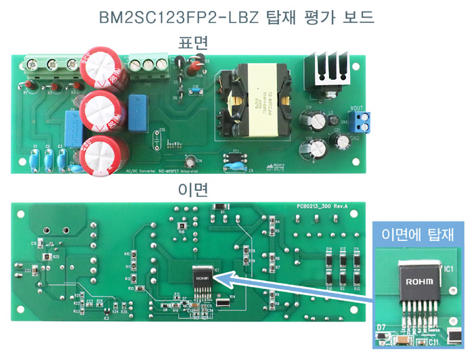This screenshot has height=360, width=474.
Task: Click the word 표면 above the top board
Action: (x=193, y=43)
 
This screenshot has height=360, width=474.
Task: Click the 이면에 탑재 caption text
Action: (x=417, y=234)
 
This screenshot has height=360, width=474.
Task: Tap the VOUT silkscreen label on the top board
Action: (x=357, y=108)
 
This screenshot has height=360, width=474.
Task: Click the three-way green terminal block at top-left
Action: (x=51, y=64)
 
